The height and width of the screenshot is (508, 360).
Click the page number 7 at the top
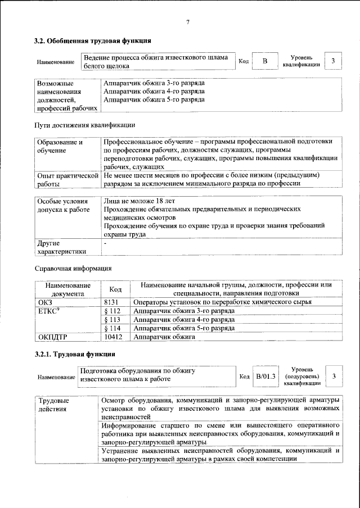(187, 22)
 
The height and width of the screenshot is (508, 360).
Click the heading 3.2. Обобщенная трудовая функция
(92, 41)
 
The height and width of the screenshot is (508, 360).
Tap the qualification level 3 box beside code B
(334, 61)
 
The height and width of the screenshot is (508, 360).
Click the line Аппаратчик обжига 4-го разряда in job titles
(154, 91)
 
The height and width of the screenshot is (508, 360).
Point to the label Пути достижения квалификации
(84, 124)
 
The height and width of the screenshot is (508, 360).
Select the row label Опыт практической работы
(67, 179)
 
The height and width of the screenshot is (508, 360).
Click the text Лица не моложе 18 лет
(139, 201)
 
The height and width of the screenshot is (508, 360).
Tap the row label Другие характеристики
(61, 248)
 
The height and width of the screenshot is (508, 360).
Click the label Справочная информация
(73, 268)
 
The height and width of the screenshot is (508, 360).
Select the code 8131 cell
(114, 302)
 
